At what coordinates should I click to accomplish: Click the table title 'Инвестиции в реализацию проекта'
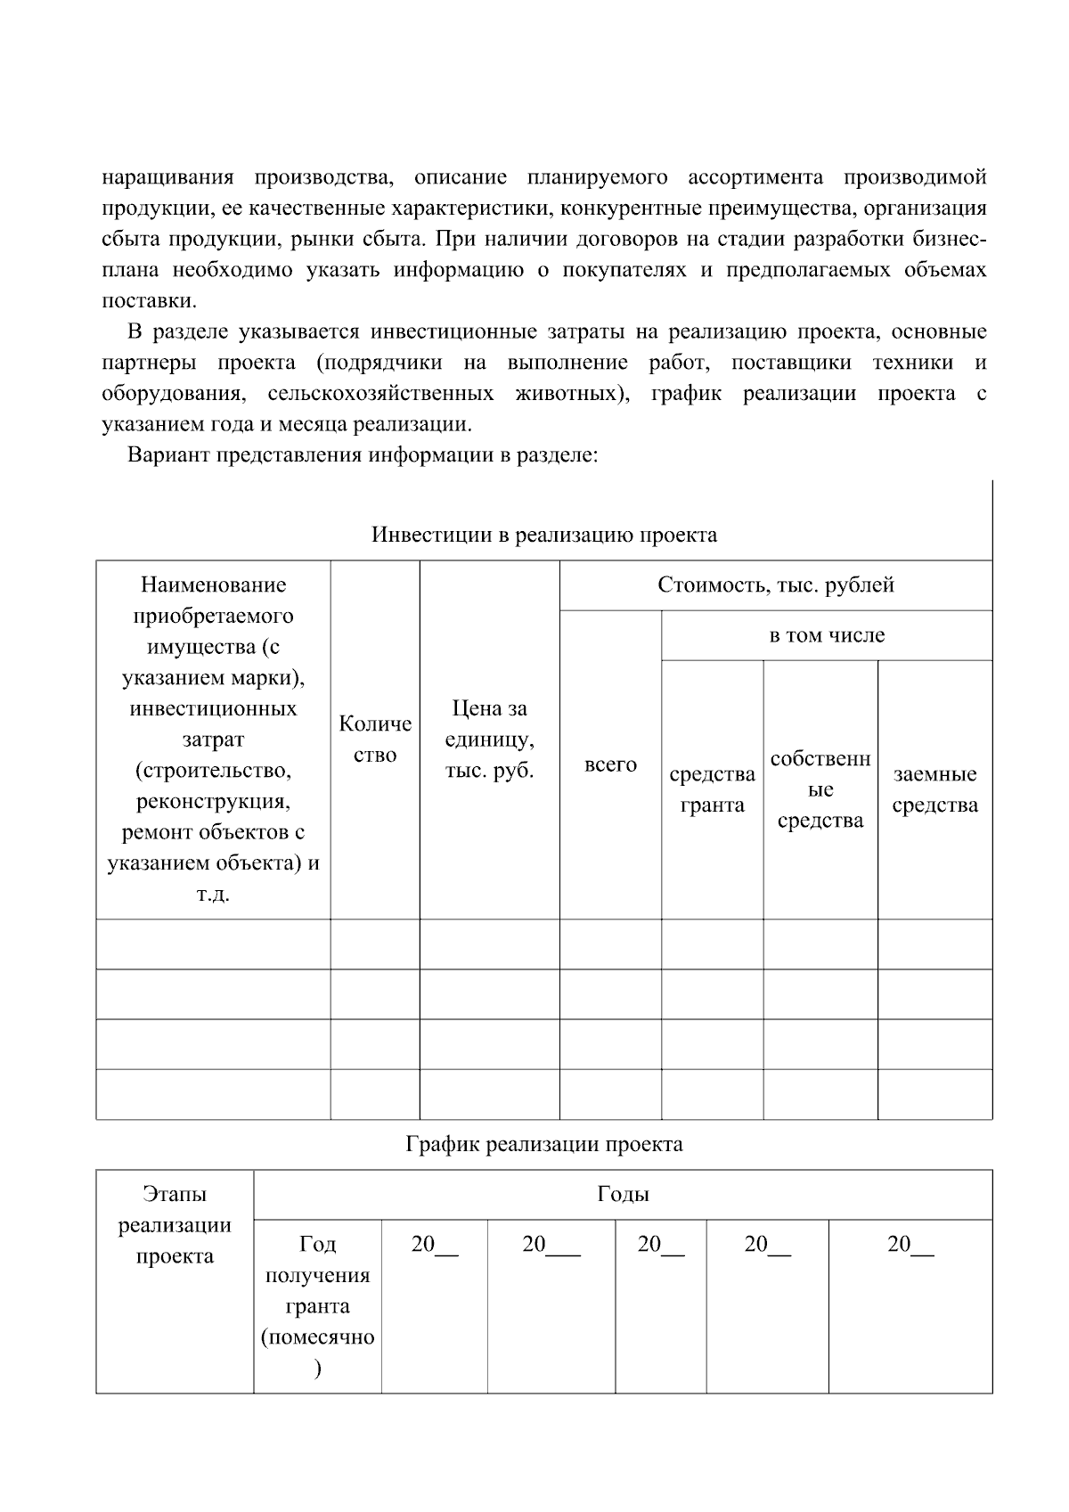coord(543,535)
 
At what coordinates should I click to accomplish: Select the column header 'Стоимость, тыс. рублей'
coord(775,585)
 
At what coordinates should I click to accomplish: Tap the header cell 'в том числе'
coord(827,635)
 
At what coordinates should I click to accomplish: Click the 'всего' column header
coord(610,764)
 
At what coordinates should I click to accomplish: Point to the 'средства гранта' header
coord(712,789)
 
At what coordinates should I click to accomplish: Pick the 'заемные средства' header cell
coord(934,789)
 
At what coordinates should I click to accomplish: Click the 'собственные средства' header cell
coord(820,789)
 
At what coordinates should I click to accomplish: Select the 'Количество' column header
coord(375,740)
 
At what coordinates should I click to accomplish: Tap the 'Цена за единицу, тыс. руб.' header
coord(489,740)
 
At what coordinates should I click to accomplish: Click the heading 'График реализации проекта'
coord(543,1144)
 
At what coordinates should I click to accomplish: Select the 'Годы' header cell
coord(623,1195)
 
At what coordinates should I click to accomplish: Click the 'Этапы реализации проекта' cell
coord(175,1225)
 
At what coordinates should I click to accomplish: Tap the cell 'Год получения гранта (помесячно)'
coord(317,1305)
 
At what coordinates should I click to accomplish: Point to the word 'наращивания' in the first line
coord(167,177)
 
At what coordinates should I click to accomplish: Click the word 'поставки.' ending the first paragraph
coord(149,300)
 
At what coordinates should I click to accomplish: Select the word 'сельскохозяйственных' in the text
coord(380,394)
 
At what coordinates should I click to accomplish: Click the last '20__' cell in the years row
coord(910,1245)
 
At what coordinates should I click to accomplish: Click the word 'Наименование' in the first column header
coord(213,585)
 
